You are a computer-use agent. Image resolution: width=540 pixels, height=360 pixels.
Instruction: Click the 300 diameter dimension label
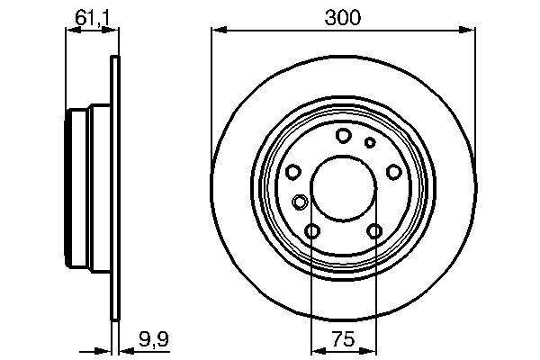coord(343,15)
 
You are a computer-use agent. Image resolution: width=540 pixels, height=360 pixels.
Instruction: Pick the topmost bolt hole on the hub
coord(343,136)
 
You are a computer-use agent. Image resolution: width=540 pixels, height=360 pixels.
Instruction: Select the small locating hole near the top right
coord(369,142)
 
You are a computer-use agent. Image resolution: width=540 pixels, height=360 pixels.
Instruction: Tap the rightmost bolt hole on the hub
coord(393,173)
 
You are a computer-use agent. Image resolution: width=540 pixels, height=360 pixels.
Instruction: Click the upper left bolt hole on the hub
coord(292,173)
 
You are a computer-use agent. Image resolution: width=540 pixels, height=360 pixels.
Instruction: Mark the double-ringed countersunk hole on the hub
coord(300,202)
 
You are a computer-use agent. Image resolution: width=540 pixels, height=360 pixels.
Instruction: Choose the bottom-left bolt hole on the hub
coord(311,232)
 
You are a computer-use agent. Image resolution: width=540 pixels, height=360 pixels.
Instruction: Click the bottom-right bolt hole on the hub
coord(374,232)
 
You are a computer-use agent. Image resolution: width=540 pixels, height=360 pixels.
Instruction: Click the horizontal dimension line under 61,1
coord(90,31)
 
